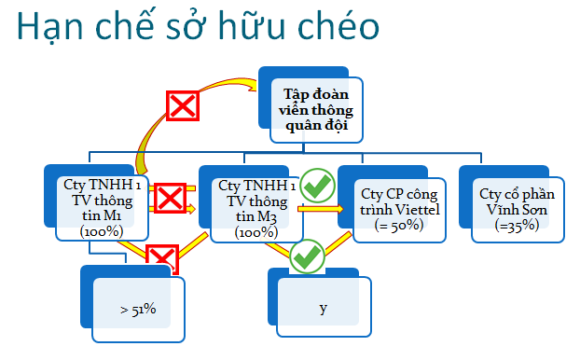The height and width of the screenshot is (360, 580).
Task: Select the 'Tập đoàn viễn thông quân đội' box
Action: (317, 110)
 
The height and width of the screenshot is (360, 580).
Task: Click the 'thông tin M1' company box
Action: (102, 208)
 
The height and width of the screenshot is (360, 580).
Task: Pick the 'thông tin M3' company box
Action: (256, 210)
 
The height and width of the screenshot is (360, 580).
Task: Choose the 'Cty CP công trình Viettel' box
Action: (399, 210)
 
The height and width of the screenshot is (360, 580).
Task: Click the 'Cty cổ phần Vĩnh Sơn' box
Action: (518, 210)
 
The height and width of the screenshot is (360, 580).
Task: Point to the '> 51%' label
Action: (138, 310)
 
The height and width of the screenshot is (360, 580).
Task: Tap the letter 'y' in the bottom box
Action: (324, 308)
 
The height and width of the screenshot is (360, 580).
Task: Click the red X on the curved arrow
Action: (183, 105)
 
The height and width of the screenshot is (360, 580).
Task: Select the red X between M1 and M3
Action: (170, 198)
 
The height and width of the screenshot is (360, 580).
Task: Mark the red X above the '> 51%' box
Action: (162, 258)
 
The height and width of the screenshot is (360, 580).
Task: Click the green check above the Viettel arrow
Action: (317, 186)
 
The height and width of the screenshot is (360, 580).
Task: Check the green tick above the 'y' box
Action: (307, 256)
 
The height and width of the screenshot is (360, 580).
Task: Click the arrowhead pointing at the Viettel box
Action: (338, 209)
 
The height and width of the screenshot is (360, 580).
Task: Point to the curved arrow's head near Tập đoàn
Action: (252, 85)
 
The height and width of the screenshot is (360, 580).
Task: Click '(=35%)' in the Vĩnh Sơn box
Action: (517, 226)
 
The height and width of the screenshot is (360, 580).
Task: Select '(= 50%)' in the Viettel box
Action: (399, 226)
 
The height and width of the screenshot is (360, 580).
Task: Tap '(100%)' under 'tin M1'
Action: (102, 231)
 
